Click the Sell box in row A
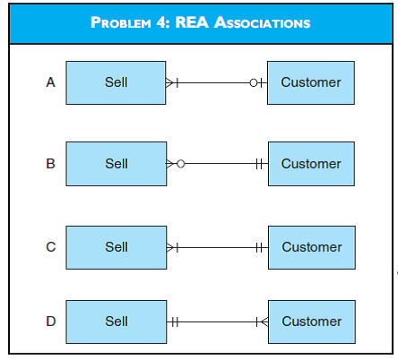116,82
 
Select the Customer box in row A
310,82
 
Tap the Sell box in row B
116,164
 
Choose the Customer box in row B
310,164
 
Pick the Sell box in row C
116,247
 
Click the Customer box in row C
310,247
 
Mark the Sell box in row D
116,321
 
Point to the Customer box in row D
310,321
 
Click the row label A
50,82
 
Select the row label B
50,164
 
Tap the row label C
50,247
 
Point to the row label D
50,321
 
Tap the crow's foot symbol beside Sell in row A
172,82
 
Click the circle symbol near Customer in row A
254,82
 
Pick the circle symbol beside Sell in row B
180,164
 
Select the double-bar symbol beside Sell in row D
175,321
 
